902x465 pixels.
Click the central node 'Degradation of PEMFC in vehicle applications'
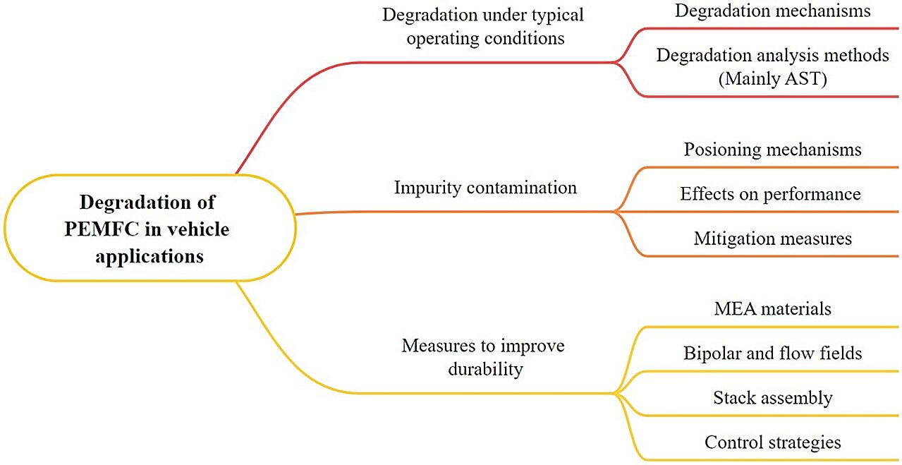[x=148, y=228]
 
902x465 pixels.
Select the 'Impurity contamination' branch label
[x=485, y=188]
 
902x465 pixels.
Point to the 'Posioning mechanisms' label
[x=772, y=150]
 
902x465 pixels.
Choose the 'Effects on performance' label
[x=770, y=194]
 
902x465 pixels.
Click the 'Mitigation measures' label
[x=772, y=238]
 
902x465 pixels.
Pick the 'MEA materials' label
[x=772, y=308]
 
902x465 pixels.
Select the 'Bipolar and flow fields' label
[x=772, y=353]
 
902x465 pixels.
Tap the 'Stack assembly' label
[x=772, y=398]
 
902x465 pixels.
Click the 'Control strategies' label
[x=772, y=442]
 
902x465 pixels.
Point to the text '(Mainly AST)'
[x=772, y=78]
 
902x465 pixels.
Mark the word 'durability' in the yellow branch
[x=485, y=368]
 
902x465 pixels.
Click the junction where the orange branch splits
[x=615, y=211]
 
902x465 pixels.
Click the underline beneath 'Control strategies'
[x=772, y=459]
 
